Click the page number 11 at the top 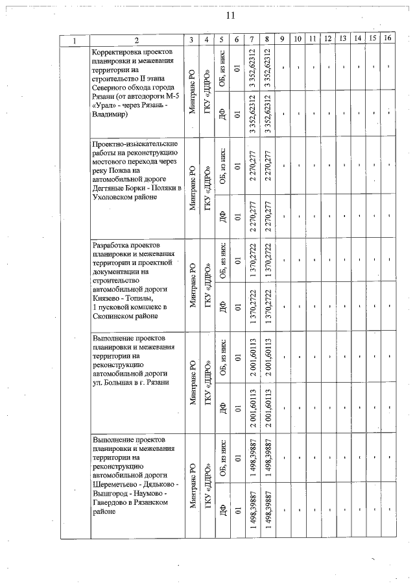230,16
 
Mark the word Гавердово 113,502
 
